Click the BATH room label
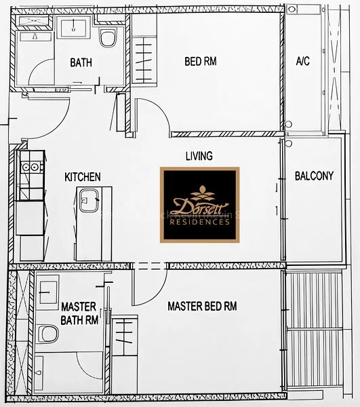click(81, 62)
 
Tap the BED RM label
click(201, 62)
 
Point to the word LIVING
click(199, 156)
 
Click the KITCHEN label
click(82, 177)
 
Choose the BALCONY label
click(314, 176)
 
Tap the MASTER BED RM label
click(202, 306)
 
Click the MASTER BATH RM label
click(79, 313)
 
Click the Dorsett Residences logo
click(199, 204)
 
